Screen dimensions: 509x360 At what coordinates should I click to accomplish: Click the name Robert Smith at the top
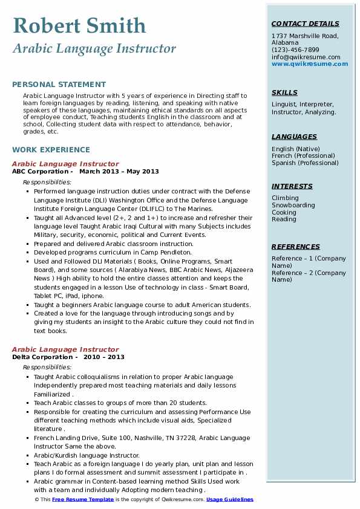[x=79, y=26]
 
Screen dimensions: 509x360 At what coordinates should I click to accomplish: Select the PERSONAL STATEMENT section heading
[x=59, y=85]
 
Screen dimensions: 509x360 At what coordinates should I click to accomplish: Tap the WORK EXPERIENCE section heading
[x=51, y=149]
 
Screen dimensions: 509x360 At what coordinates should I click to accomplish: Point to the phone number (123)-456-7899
[x=295, y=50]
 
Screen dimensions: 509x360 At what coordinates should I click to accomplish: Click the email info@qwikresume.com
[x=306, y=57]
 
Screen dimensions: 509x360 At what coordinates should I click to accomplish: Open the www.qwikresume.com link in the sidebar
[x=306, y=63]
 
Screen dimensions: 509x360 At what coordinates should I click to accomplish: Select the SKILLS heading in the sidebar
[x=284, y=92]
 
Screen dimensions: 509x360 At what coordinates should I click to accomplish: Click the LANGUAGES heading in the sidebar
[x=294, y=137]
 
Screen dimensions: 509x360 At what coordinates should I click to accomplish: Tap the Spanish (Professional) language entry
[x=305, y=163]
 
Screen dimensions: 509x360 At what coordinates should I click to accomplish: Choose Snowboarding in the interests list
[x=293, y=205]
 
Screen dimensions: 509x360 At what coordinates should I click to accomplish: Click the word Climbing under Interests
[x=285, y=198]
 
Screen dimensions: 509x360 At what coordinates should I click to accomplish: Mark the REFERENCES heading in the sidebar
[x=296, y=247]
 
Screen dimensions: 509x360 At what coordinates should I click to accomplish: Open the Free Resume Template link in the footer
[x=83, y=499]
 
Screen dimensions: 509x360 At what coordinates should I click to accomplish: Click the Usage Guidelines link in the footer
[x=230, y=499]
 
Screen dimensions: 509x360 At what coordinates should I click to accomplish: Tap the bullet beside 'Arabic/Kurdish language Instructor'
[x=27, y=456]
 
